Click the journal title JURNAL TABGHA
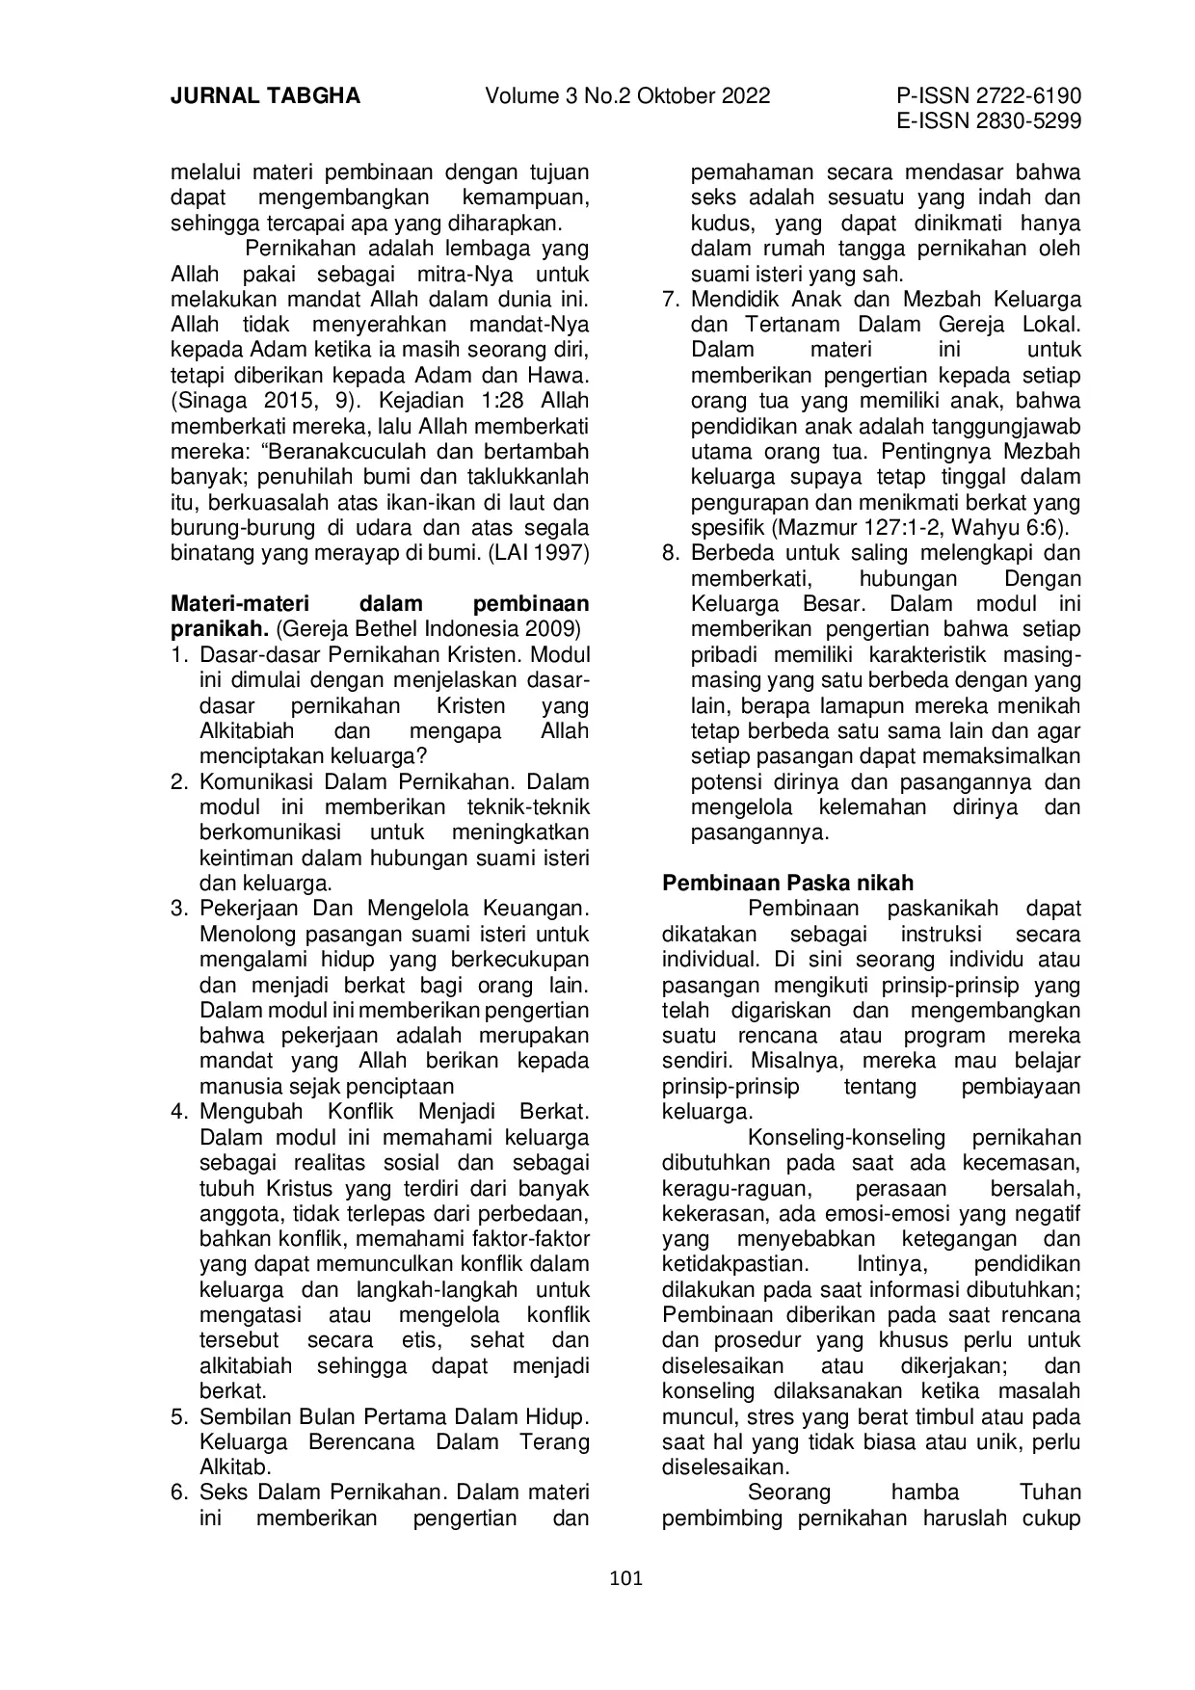265,96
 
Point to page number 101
626,1578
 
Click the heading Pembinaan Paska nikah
788,883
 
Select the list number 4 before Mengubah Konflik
178,1112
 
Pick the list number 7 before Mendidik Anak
671,299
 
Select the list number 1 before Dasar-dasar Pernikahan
178,655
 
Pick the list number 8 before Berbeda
671,553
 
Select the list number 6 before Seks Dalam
178,1492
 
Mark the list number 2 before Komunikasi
178,781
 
